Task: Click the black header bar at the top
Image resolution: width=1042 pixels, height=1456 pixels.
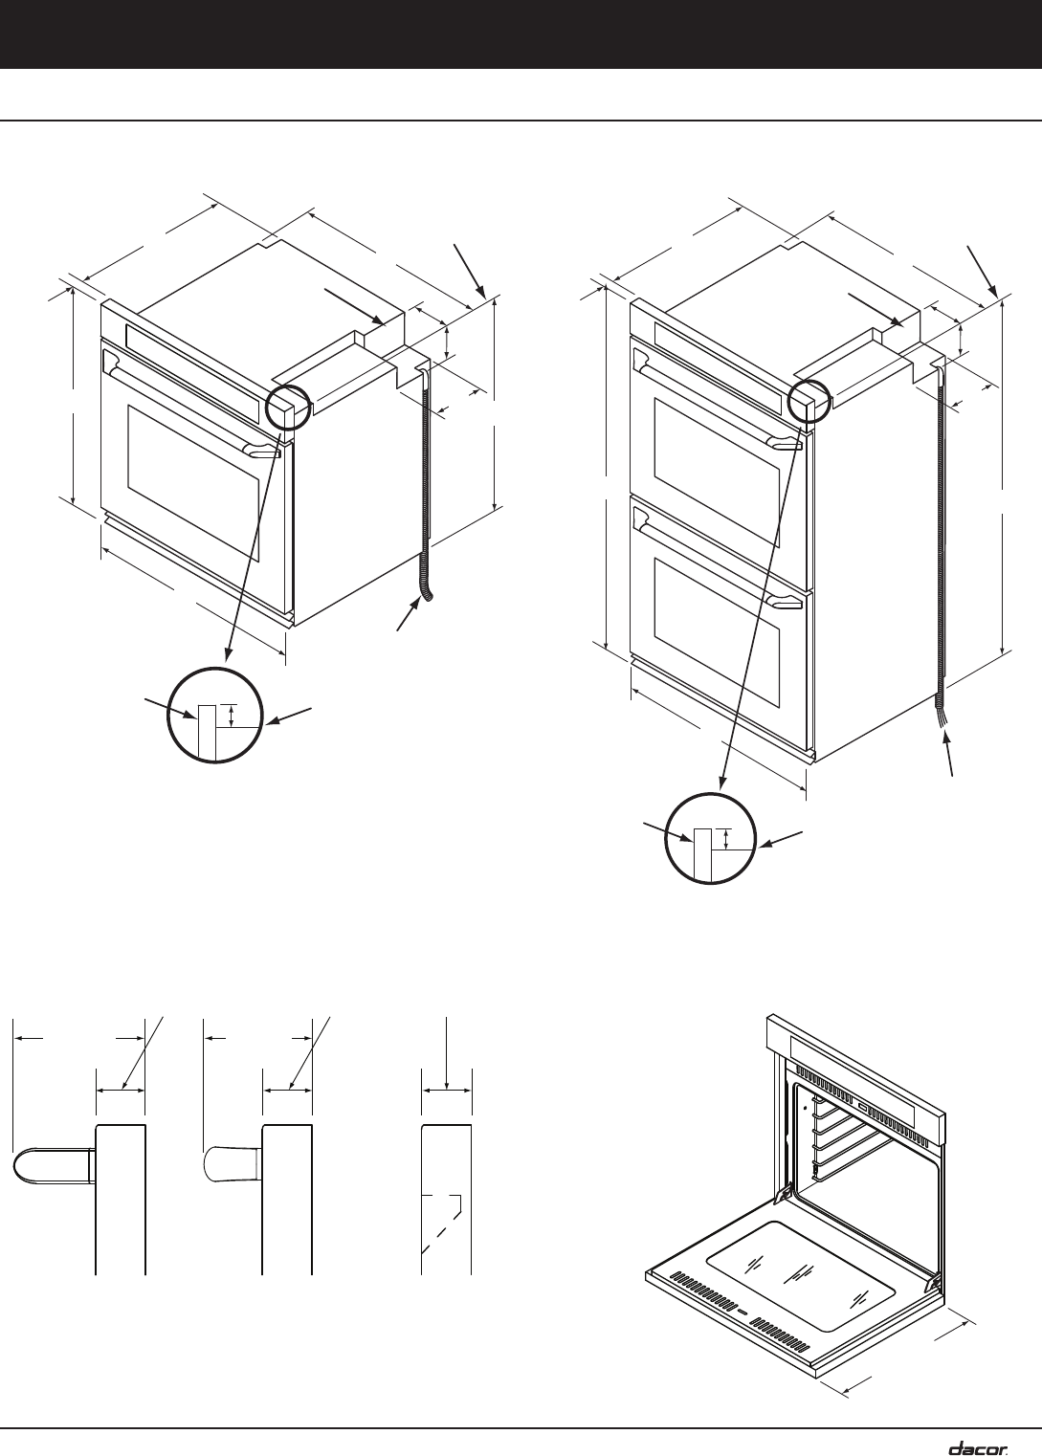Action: pyautogui.click(x=521, y=33)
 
